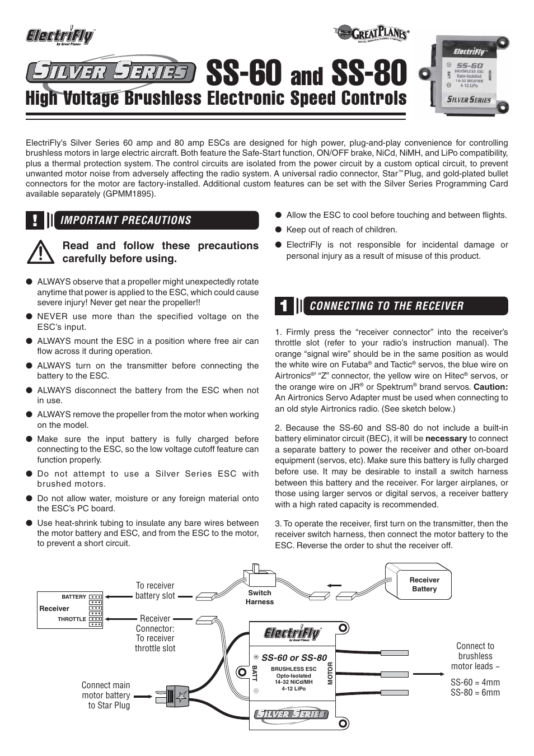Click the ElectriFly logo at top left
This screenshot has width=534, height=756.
[60, 36]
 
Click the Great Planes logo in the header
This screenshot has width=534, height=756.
[372, 34]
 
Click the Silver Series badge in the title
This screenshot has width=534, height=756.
[111, 72]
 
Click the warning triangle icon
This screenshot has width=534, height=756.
[40, 253]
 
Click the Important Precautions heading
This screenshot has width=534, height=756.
[126, 220]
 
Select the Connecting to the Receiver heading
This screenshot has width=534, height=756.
[386, 306]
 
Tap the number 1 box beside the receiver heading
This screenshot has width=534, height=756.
[284, 306]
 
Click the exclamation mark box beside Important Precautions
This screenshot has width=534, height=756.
[35, 220]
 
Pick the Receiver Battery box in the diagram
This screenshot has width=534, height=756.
[424, 584]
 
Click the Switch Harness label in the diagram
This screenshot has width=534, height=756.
[259, 597]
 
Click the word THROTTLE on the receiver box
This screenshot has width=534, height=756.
[72, 619]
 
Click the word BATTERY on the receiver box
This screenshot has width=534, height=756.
[74, 597]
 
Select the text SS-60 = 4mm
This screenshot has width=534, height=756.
[475, 682]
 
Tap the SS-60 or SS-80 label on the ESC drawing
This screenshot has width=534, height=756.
[294, 657]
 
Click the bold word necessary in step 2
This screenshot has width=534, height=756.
[446, 438]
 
